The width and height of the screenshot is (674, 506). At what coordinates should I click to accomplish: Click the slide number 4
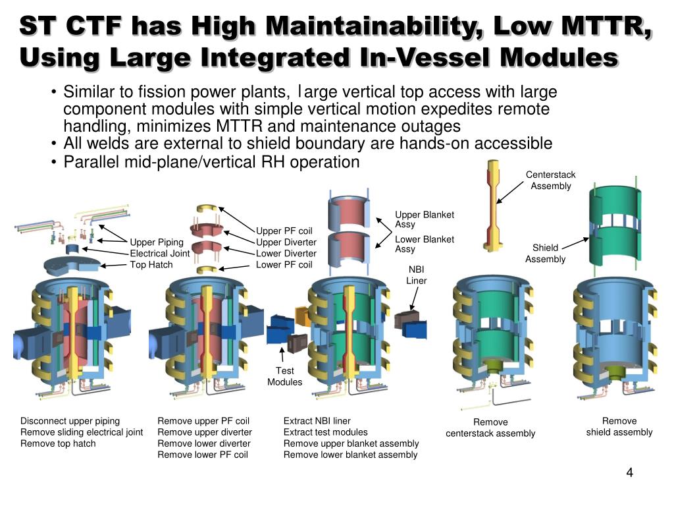click(x=629, y=474)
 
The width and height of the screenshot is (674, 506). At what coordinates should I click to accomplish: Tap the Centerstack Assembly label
click(x=551, y=180)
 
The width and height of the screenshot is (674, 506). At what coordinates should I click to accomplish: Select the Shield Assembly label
click(x=545, y=253)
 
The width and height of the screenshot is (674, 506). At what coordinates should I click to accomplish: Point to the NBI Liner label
click(x=416, y=275)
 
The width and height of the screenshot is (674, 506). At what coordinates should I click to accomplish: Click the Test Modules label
click(x=285, y=376)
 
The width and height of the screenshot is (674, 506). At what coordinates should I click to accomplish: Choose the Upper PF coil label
click(x=284, y=231)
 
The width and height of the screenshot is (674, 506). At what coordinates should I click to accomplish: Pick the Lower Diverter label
click(x=286, y=253)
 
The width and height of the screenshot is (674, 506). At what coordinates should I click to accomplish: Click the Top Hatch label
click(x=151, y=264)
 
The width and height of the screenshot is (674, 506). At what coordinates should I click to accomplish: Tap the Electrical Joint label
click(x=160, y=253)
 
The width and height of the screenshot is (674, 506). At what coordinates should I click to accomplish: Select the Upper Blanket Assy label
click(x=424, y=219)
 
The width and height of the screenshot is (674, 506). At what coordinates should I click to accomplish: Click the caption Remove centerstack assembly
click(x=490, y=428)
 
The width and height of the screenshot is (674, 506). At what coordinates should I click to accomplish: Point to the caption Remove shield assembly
click(x=619, y=426)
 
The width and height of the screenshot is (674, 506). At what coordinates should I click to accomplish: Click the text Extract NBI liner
click(x=317, y=421)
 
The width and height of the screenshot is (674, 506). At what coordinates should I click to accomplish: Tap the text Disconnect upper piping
click(x=70, y=421)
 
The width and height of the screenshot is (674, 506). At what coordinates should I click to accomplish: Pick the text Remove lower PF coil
click(x=203, y=455)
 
